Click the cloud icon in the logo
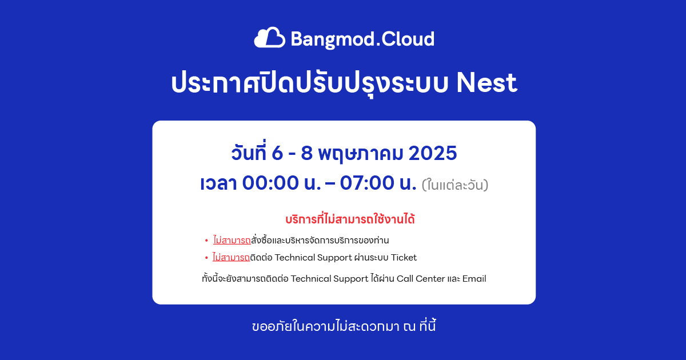269,37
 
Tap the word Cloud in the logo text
408,39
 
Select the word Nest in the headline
486,83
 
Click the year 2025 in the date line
433,153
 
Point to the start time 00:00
270,183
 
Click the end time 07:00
367,183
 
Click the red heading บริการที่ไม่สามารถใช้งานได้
350,219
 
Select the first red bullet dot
206,241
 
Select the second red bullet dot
206,258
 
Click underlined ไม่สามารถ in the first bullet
232,240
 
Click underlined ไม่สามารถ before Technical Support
231,257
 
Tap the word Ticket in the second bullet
404,258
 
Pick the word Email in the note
474,279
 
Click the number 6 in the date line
277,153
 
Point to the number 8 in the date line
306,153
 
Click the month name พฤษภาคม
361,154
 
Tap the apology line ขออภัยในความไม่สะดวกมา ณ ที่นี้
344,326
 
